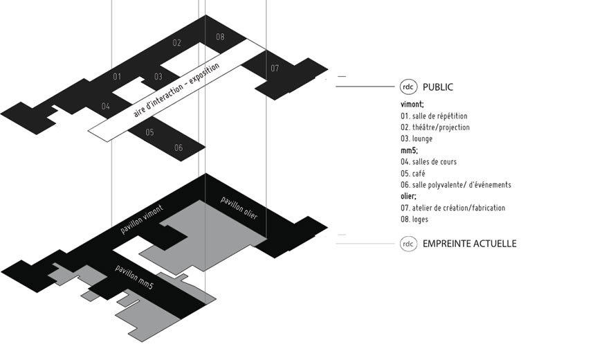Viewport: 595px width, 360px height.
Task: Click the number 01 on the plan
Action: coord(117,76)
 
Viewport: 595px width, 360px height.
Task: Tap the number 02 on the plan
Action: coord(177,43)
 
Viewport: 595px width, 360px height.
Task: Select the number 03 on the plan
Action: coord(158,77)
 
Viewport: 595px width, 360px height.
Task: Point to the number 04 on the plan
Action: coord(106,107)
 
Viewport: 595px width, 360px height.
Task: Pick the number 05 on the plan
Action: coord(150,132)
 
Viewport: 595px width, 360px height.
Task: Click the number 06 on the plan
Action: coord(178,148)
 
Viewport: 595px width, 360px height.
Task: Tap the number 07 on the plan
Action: coord(275,68)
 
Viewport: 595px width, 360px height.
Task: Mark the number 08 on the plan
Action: coord(220,37)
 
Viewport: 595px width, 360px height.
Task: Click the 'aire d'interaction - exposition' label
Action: coord(176,91)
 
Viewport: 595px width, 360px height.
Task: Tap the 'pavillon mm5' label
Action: coord(134,284)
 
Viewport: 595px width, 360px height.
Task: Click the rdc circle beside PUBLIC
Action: coord(408,87)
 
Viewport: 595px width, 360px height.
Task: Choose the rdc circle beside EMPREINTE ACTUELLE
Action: coord(408,244)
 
